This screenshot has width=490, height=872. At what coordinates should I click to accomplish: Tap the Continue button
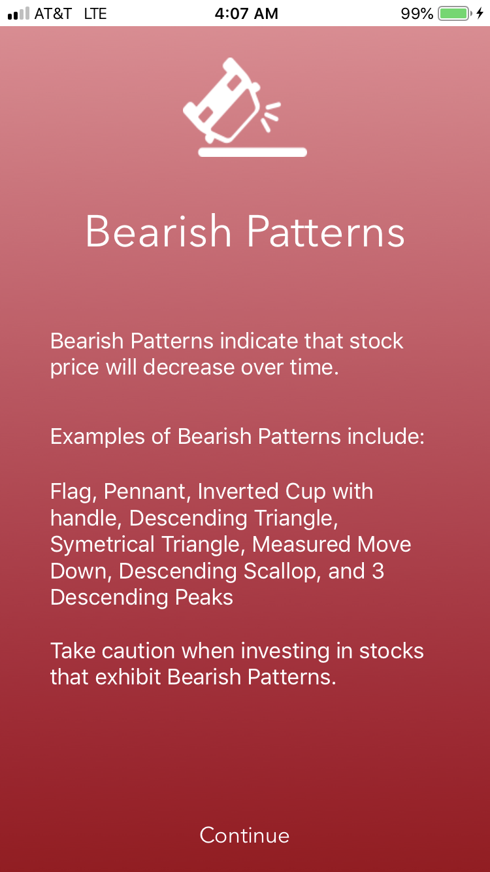pos(244,835)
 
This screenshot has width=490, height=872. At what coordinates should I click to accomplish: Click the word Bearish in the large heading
pos(159,231)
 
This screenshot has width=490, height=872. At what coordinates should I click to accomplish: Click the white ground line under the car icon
pos(252,152)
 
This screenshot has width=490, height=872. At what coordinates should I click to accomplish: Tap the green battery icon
pos(454,13)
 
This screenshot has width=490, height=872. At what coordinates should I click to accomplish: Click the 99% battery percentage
pos(417,13)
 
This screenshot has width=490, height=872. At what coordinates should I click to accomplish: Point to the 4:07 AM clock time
pos(246,13)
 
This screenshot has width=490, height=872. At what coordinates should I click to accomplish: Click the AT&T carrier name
pos(53,13)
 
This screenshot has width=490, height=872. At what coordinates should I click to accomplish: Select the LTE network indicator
pos(95,13)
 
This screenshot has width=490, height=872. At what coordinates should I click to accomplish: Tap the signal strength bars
pos(18,13)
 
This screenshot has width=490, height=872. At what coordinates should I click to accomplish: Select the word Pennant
pos(147,491)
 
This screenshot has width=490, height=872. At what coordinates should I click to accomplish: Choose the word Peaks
pos(202,597)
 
